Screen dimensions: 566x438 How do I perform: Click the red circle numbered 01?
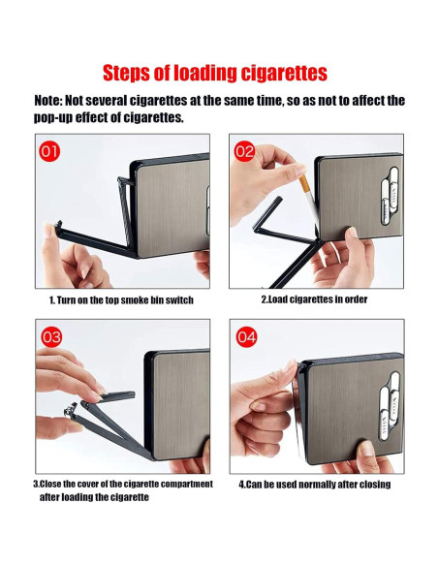click(49, 152)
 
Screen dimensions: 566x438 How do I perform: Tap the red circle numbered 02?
click(244, 151)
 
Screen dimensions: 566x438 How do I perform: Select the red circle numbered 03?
click(50, 337)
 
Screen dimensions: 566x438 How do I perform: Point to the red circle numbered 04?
click(246, 337)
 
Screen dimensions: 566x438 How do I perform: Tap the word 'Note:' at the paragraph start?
click(53, 101)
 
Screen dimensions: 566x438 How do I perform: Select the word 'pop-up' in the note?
click(60, 117)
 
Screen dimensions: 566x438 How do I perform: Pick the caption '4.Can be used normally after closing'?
click(314, 484)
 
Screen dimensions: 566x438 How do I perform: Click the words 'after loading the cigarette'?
click(94, 497)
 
